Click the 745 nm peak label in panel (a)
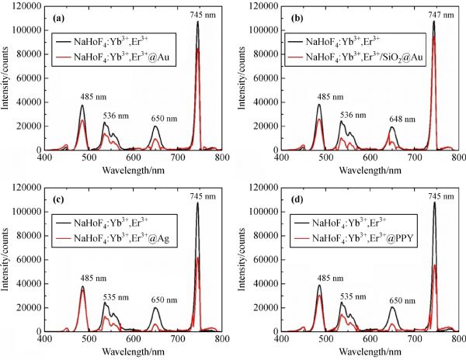(x=198, y=13)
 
